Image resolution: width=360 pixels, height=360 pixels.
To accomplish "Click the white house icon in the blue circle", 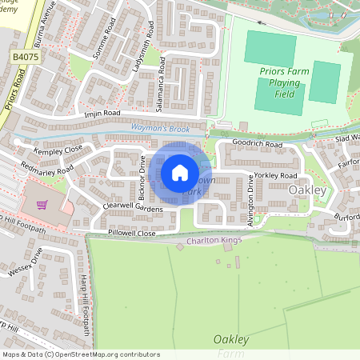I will [180, 173].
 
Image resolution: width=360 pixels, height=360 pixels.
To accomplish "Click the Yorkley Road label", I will [276, 175].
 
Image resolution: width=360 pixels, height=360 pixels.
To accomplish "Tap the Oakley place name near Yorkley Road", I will [307, 190].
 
